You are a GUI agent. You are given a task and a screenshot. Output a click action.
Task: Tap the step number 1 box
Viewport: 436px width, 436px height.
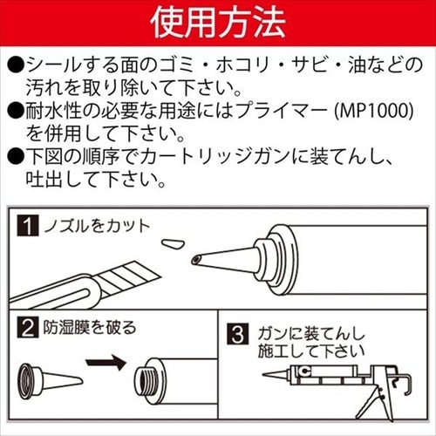[x=28, y=228]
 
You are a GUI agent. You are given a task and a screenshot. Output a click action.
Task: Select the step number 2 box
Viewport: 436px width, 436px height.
[x=28, y=329]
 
